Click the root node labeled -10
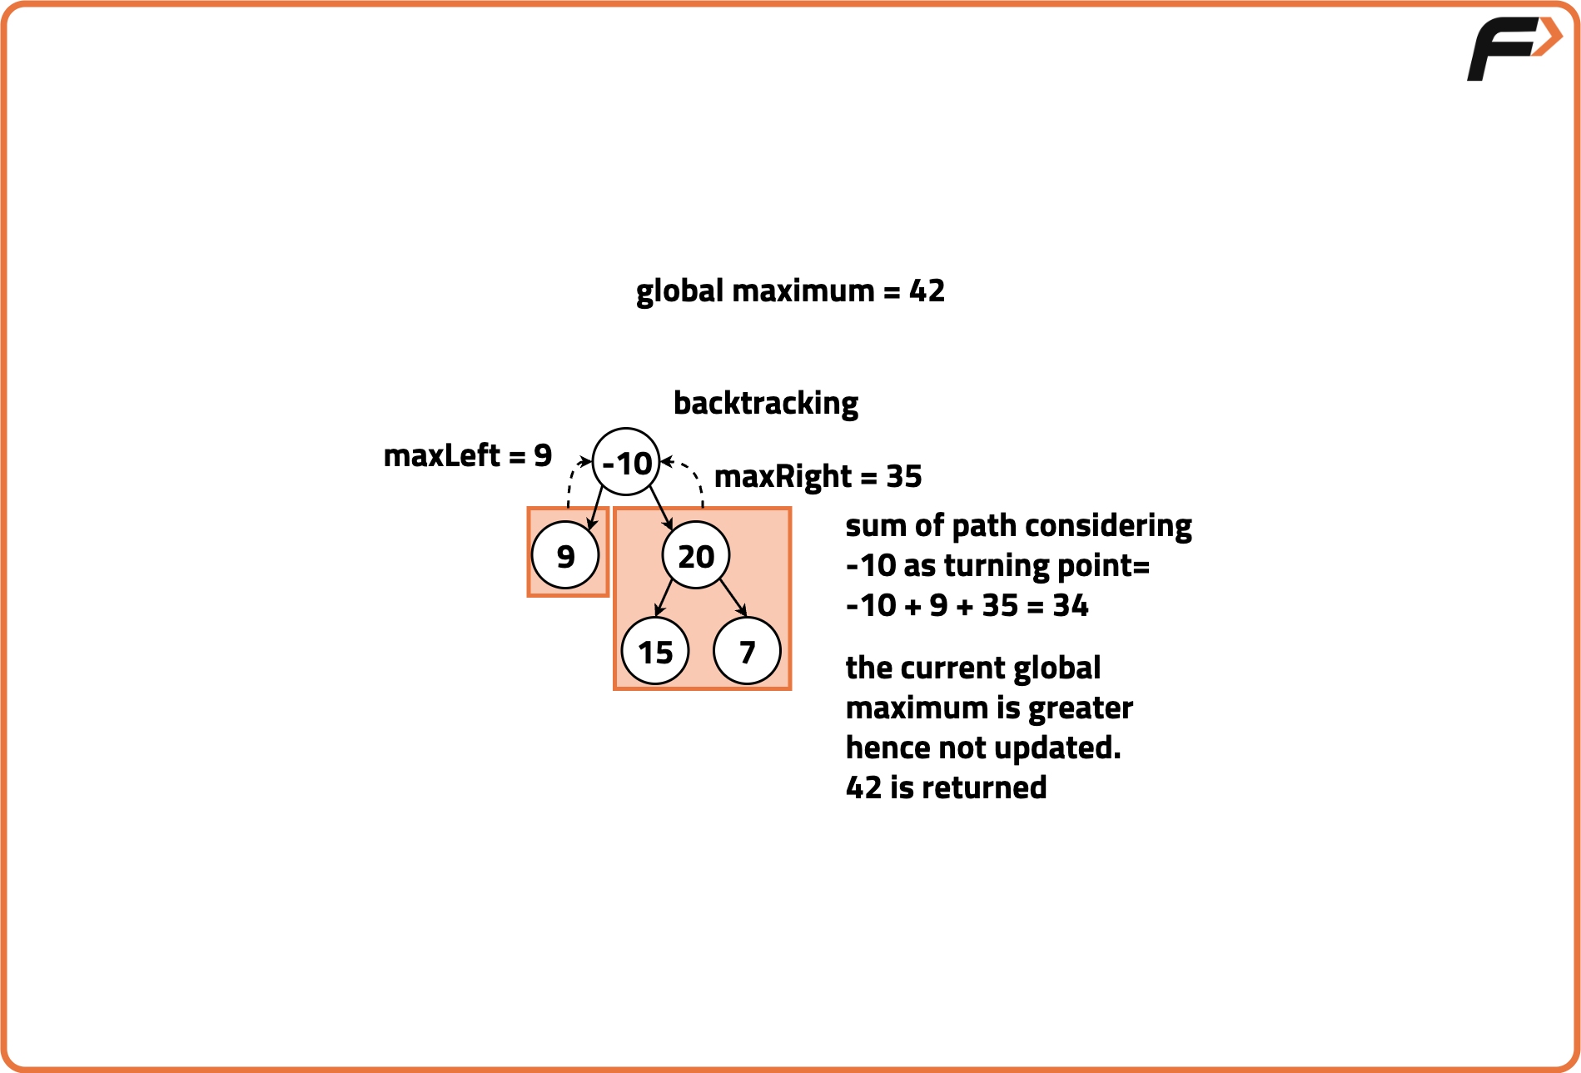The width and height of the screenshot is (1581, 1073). tap(626, 462)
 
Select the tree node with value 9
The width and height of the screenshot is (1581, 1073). tap(565, 555)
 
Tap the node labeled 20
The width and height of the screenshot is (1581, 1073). tap(696, 555)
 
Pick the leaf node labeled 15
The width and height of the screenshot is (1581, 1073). tap(655, 652)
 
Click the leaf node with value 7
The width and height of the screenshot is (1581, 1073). tap(747, 652)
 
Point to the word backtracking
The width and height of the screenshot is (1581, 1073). tap(765, 404)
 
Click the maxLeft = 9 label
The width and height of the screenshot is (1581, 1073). tap(467, 456)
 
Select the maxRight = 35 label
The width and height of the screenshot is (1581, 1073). tap(818, 477)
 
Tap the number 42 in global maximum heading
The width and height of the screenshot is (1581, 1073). tap(927, 291)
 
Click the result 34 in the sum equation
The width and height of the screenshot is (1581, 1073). tap(1070, 606)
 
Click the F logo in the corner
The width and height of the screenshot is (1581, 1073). tap(1511, 48)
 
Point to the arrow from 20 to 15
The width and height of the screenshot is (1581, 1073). tap(664, 599)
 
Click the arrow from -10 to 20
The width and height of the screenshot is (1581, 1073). tap(661, 506)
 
